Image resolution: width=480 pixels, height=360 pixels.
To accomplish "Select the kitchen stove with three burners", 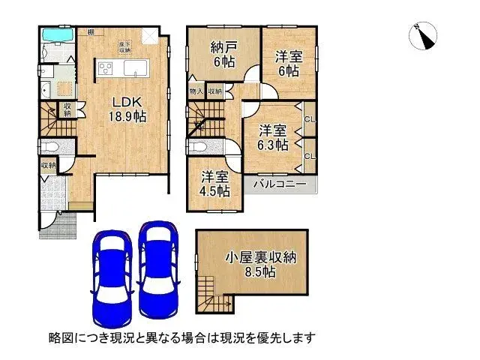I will pos(104,70).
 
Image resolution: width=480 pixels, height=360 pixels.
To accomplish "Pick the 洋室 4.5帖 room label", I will pos(214,184).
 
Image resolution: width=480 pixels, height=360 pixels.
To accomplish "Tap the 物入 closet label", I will pos(196,91).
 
